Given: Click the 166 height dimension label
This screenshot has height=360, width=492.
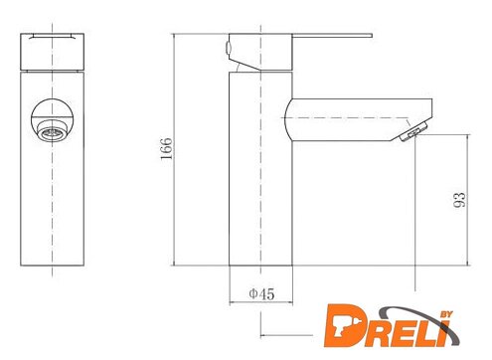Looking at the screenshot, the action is tap(166, 148).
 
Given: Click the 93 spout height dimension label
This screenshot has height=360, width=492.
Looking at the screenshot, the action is tap(459, 200).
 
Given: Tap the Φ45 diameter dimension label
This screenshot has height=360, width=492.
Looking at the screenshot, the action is tap(261, 293).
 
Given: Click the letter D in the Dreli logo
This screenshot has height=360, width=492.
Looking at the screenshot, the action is tap(343, 326).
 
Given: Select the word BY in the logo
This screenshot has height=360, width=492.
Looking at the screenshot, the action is tap(446, 314).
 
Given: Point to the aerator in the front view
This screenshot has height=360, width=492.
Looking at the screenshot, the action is tap(53, 130).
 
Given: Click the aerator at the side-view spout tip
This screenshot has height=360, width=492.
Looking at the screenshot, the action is tap(412, 131).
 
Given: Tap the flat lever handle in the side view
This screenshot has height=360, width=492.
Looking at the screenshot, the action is tap(332, 35).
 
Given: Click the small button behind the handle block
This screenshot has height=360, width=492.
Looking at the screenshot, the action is tap(228, 48).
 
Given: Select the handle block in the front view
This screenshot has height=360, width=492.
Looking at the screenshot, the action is tap(52, 52).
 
